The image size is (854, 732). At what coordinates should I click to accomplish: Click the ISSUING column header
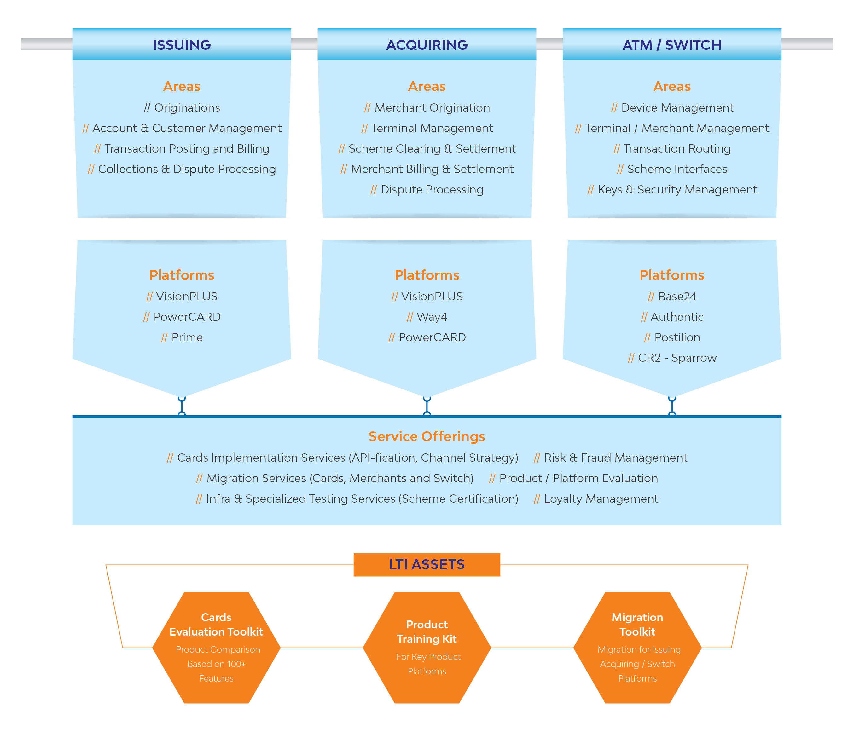(182, 44)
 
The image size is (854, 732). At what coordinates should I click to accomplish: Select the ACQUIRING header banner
(427, 44)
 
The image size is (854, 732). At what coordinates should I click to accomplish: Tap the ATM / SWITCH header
(672, 44)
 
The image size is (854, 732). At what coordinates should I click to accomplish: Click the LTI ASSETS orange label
(427, 564)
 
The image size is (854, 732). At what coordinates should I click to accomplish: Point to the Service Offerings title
(427, 436)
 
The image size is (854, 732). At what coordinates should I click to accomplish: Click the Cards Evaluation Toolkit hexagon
(216, 648)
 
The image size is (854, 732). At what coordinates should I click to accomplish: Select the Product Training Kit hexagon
(427, 648)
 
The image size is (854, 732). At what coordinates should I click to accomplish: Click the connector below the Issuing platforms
(182, 406)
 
